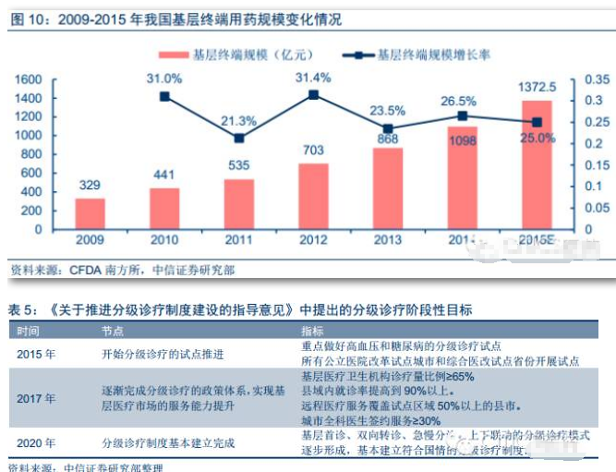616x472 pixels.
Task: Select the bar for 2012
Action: (x=313, y=196)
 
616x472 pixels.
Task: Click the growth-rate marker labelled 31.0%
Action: (x=164, y=96)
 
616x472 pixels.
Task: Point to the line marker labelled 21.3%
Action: (x=239, y=138)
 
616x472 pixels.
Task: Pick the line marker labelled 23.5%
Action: (x=388, y=129)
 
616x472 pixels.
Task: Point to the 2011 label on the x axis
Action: (x=239, y=240)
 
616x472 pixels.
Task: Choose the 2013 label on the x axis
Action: (x=388, y=240)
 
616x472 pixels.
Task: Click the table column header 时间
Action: (x=28, y=330)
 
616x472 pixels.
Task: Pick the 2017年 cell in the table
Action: (x=36, y=398)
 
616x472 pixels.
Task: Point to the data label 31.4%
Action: (x=312, y=78)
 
